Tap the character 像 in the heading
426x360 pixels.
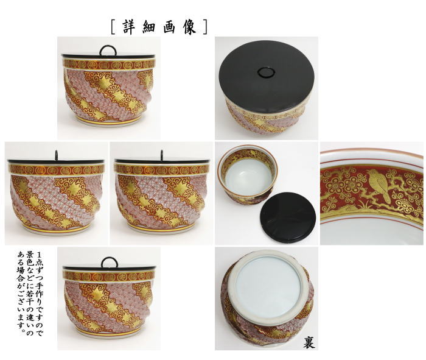click(190, 27)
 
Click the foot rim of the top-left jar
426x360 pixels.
click(108, 122)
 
